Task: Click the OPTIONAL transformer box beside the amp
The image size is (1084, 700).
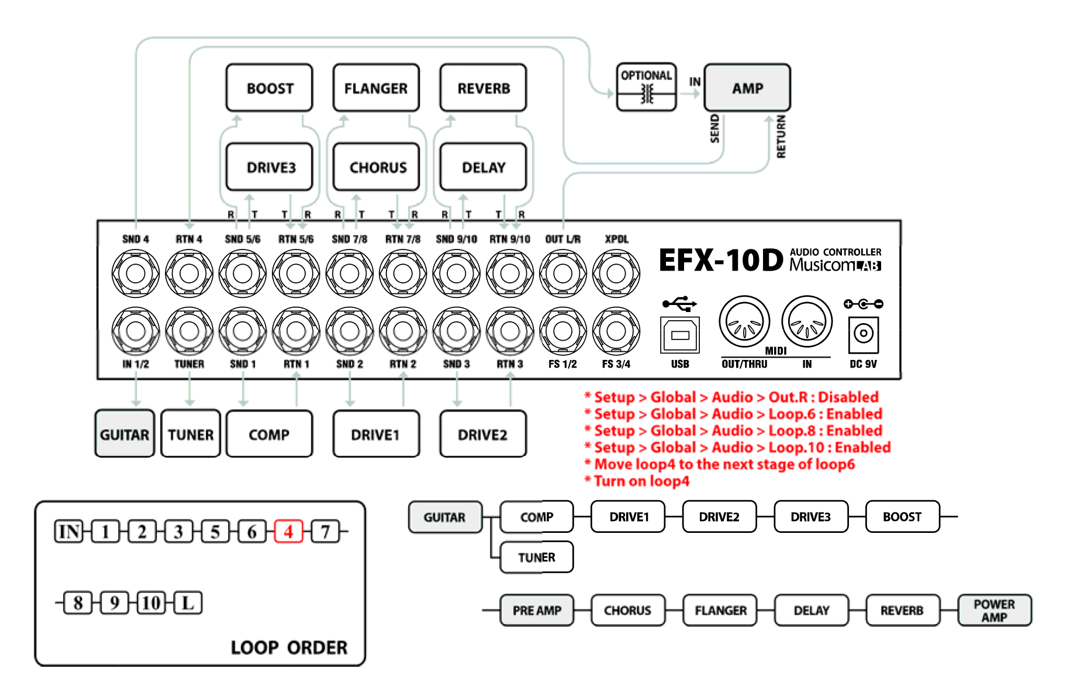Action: tap(646, 88)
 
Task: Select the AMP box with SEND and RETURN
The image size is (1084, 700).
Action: tap(747, 88)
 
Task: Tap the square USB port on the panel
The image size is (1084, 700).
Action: tap(679, 335)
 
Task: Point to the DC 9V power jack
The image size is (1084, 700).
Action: tap(863, 334)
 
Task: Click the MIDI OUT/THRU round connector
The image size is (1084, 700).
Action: tap(744, 321)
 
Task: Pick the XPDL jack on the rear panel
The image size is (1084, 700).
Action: tap(616, 273)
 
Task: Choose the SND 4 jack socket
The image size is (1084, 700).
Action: tap(136, 273)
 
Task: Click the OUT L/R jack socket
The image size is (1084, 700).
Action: tap(562, 273)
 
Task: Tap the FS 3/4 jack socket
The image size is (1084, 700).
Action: tap(616, 331)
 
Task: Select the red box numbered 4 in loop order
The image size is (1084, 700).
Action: tap(288, 532)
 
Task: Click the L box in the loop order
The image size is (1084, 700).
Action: tap(188, 602)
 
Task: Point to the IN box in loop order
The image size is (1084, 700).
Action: tap(69, 532)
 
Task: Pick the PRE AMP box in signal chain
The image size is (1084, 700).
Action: tap(537, 611)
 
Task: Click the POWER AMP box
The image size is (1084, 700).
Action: tap(994, 611)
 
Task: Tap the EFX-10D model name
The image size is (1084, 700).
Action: tap(720, 260)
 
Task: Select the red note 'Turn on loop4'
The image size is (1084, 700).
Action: tap(641, 481)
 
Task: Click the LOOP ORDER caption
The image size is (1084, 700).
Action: tap(289, 647)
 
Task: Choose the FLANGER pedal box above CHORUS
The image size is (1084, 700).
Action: tap(376, 88)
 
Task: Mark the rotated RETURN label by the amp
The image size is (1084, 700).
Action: tap(781, 137)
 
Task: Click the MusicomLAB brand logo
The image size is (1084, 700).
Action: tap(835, 265)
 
